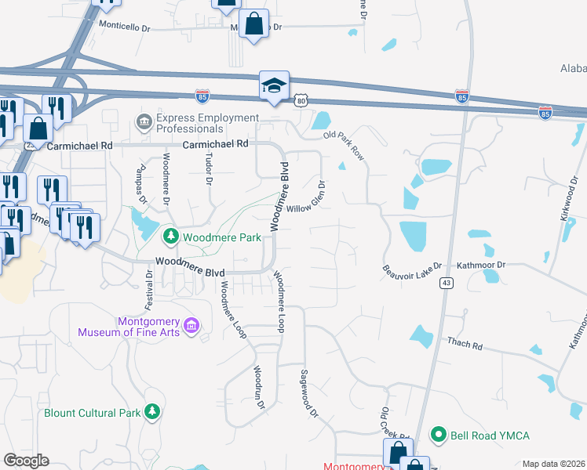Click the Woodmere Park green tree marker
[x=170, y=235]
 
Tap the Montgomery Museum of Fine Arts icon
[x=191, y=325]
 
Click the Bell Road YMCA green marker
[x=439, y=434]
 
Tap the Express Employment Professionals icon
[x=144, y=121]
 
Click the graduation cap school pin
[x=275, y=85]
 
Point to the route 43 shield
[x=445, y=283]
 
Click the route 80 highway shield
[x=303, y=100]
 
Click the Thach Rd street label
[x=464, y=342]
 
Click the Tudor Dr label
[x=209, y=168]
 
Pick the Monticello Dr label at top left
[x=124, y=26]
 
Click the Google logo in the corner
[x=26, y=461]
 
